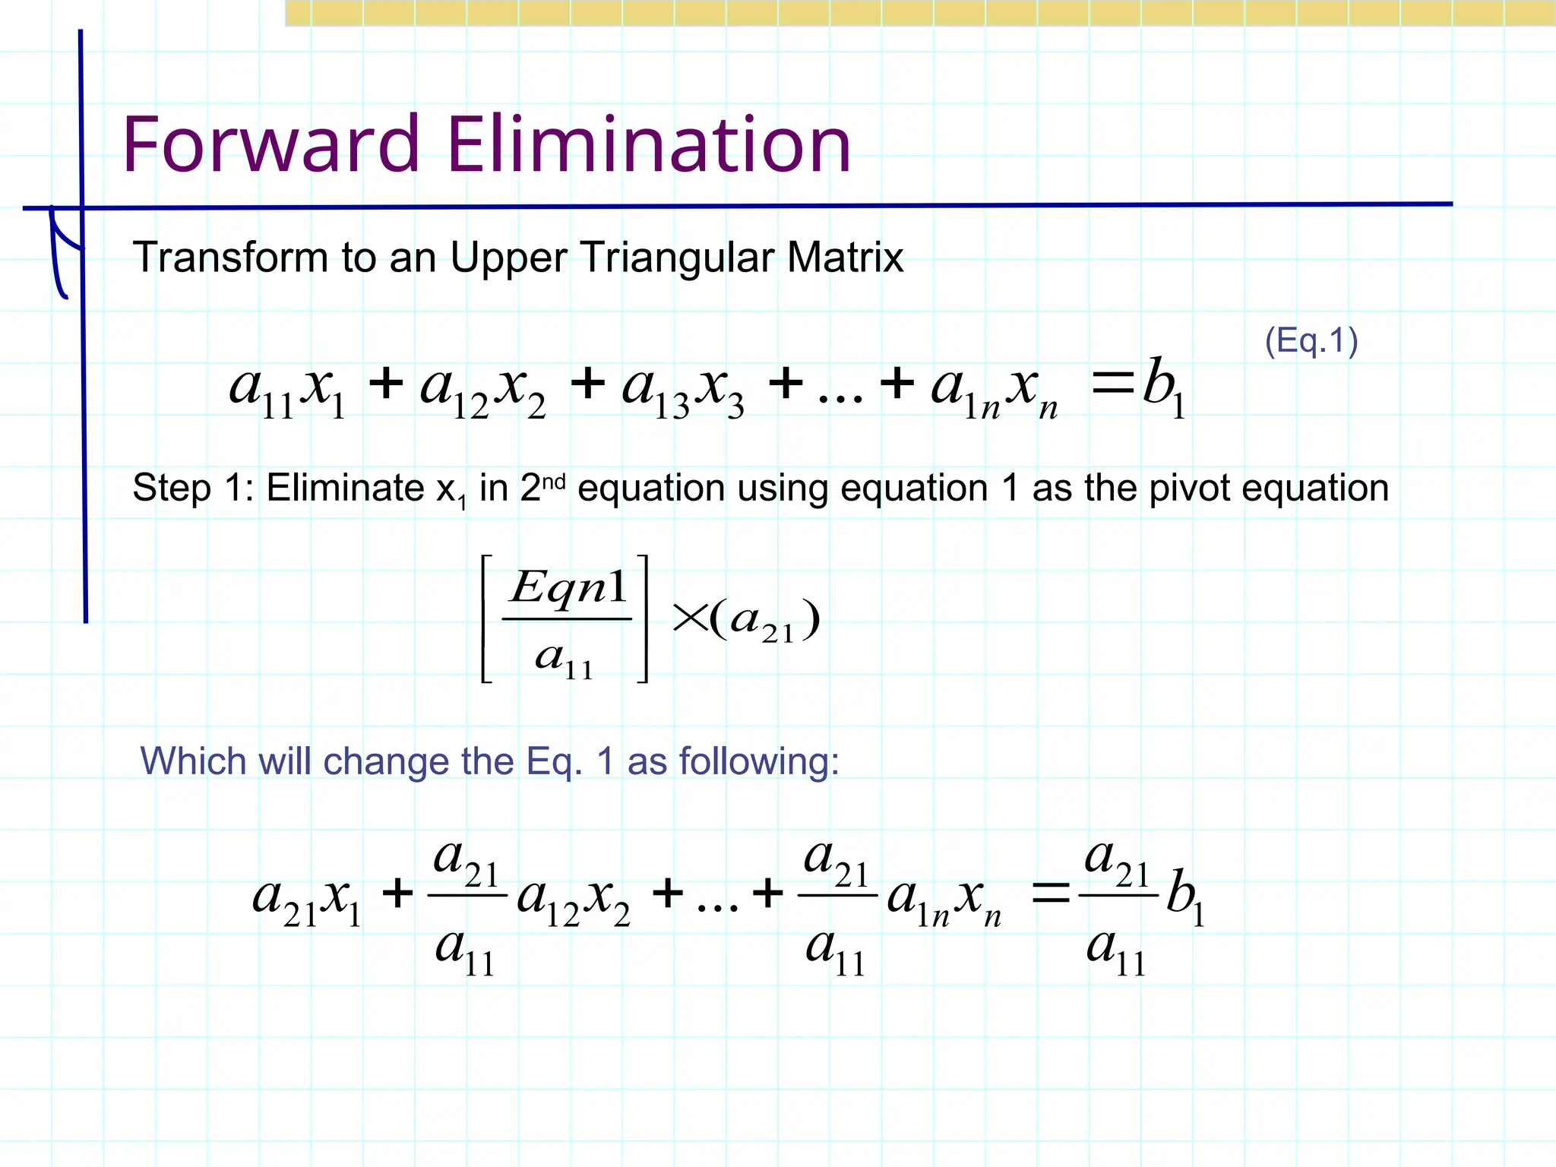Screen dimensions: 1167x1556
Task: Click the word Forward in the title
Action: click(x=270, y=144)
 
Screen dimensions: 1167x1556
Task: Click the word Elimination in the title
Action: click(x=649, y=144)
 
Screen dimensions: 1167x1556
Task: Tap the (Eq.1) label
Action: click(x=1311, y=340)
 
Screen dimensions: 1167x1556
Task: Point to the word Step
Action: click(x=171, y=489)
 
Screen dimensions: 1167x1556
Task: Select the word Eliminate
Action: click(x=346, y=488)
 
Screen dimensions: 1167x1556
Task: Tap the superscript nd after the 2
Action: click(x=555, y=481)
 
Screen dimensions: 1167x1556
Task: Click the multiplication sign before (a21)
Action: click(x=689, y=618)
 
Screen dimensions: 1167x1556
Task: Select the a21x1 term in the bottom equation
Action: click(x=308, y=900)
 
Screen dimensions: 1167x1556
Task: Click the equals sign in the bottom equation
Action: click(x=1050, y=893)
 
